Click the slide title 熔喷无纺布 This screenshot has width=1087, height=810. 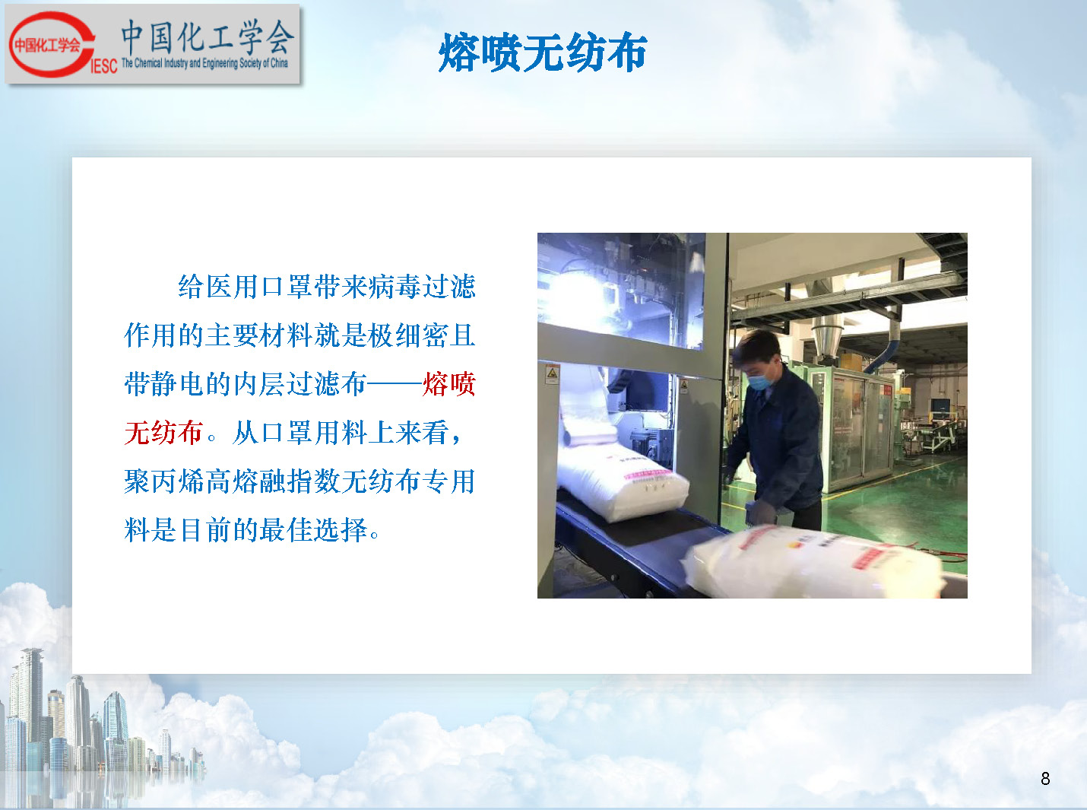[543, 52]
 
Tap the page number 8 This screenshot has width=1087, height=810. [1045, 779]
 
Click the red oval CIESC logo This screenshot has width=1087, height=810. [52, 45]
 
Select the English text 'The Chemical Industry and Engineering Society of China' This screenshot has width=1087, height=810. [204, 63]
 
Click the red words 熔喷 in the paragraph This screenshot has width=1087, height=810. [449, 384]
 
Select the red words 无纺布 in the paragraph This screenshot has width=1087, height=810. [163, 433]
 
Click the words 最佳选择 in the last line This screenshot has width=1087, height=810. [314, 529]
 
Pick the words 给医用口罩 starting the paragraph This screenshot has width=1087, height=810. [245, 287]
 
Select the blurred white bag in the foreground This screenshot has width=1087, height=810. [813, 562]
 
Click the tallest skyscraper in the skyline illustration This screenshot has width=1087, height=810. [30, 711]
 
